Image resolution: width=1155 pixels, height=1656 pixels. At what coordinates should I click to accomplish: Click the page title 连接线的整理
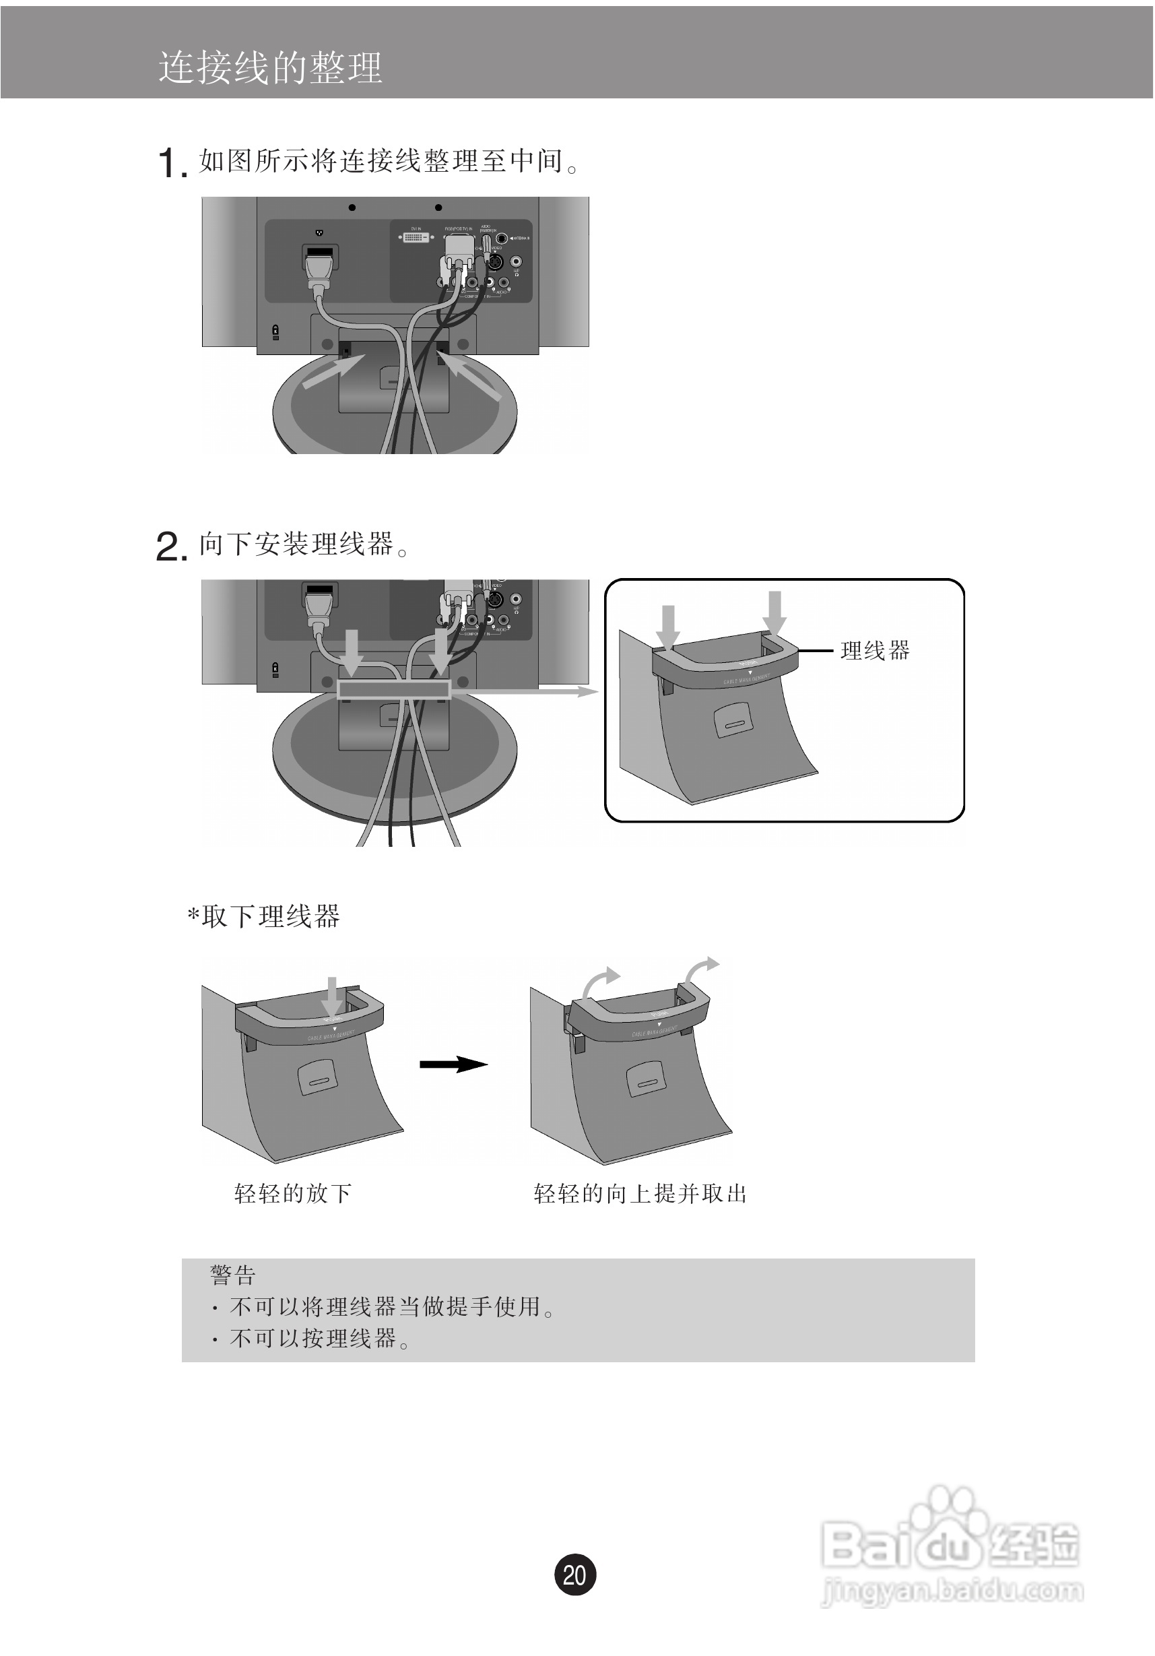269,68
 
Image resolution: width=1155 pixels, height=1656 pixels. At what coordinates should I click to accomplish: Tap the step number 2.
171,546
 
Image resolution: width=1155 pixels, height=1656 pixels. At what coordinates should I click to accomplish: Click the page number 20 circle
574,1574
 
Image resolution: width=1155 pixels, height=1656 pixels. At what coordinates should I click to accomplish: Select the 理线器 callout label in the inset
875,651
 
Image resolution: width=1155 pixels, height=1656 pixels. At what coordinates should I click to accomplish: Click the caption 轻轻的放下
293,1194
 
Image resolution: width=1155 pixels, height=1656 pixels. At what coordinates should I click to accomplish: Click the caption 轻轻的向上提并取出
640,1194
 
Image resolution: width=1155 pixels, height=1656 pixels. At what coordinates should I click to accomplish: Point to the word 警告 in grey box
232,1275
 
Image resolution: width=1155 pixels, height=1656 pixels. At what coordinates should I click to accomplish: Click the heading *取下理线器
264,917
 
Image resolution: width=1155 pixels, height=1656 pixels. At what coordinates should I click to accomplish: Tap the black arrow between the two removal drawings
453,1064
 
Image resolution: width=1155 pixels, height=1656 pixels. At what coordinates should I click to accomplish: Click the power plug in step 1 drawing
320,267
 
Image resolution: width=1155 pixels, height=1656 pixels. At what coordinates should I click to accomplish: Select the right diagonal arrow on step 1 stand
473,377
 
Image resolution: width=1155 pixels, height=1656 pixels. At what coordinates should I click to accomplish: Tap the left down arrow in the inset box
668,625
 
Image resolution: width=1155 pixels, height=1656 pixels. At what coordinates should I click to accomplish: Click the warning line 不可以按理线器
313,1339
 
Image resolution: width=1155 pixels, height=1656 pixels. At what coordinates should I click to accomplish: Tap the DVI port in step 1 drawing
416,236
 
